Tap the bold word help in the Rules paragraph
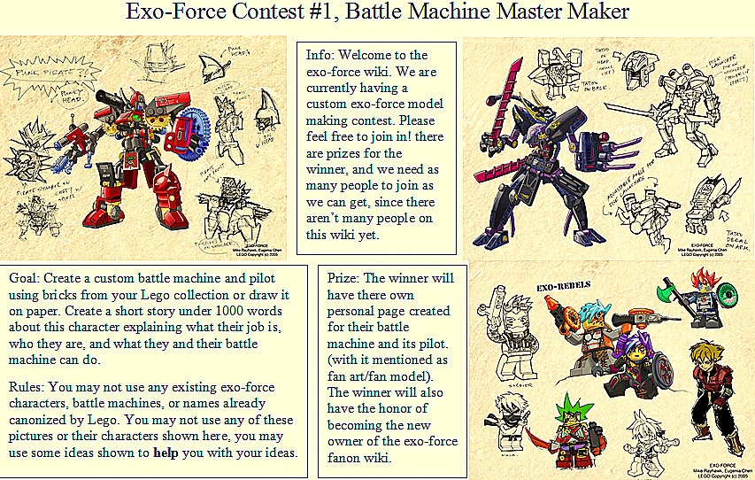(x=170, y=453)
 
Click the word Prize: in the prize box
(x=345, y=277)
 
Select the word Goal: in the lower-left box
(x=26, y=277)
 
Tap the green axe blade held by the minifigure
(x=668, y=291)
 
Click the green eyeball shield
(x=728, y=298)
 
